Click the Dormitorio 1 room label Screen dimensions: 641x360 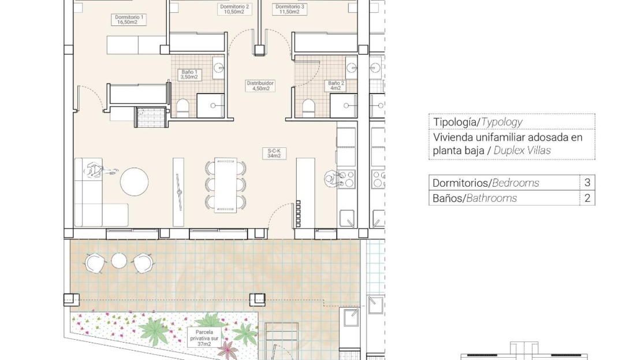pyautogui.click(x=128, y=20)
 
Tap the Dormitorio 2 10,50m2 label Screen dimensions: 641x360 pyautogui.click(x=234, y=9)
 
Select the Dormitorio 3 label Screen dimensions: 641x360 pyautogui.click(x=289, y=9)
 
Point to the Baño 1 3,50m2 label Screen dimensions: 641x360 pyautogui.click(x=189, y=75)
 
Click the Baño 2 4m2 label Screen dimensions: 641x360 pyautogui.click(x=336, y=86)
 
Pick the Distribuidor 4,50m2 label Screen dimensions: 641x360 pyautogui.click(x=260, y=86)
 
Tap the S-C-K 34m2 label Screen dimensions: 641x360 pyautogui.click(x=274, y=153)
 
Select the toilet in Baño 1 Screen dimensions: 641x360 pyautogui.click(x=182, y=107)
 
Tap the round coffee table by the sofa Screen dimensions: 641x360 pyautogui.click(x=134, y=181)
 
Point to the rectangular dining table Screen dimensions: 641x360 pyautogui.click(x=225, y=185)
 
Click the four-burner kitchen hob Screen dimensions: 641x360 pyautogui.click(x=346, y=179)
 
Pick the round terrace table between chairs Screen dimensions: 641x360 pyautogui.click(x=119, y=261)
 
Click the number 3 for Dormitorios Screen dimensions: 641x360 pyautogui.click(x=587, y=183)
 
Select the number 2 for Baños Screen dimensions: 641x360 pyautogui.click(x=587, y=198)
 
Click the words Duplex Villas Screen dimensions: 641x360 pyautogui.click(x=522, y=151)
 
